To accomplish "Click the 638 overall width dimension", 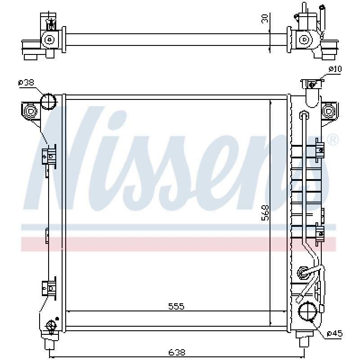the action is [x=176, y=352].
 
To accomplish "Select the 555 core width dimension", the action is [x=176, y=306].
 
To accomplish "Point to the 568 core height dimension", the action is [x=265, y=213].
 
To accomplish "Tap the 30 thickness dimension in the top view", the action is [x=265, y=18].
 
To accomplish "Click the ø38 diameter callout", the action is [x=26, y=82].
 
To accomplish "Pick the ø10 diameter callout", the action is [x=335, y=69].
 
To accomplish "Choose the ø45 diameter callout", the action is [x=334, y=333].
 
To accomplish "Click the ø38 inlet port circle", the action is [x=48, y=101].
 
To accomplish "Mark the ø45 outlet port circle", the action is [x=308, y=311].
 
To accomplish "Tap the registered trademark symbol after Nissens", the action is [x=332, y=140].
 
